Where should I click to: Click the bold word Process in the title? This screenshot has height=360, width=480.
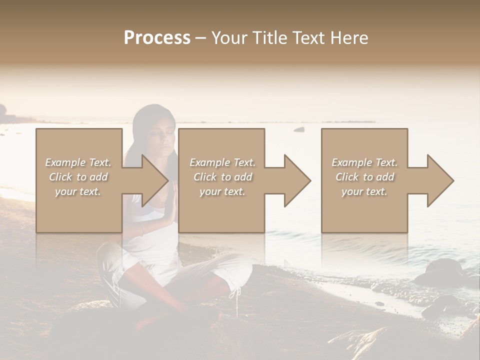pyautogui.click(x=157, y=38)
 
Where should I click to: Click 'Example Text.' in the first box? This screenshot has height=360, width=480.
pyautogui.click(x=78, y=162)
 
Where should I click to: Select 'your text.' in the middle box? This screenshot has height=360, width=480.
pyautogui.click(x=222, y=191)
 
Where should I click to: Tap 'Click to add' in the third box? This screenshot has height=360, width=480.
pyautogui.click(x=364, y=177)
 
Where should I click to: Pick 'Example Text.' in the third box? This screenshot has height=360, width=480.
pyautogui.click(x=364, y=162)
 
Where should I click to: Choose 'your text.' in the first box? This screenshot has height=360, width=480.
pyautogui.click(x=78, y=191)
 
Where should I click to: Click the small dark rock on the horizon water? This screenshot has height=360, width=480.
pyautogui.click(x=299, y=129)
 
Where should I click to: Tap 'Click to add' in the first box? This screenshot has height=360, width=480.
pyautogui.click(x=78, y=177)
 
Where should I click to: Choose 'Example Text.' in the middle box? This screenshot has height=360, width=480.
pyautogui.click(x=222, y=162)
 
